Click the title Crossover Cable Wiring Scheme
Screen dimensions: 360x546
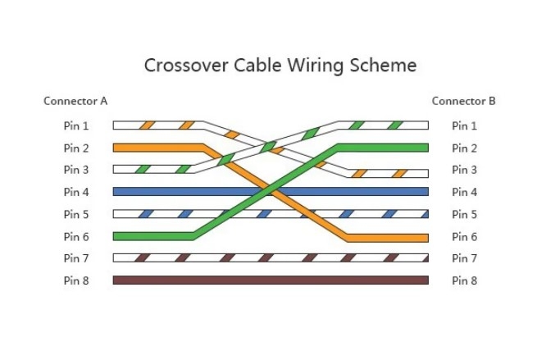point(280,65)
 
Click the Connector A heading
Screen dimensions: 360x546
point(75,102)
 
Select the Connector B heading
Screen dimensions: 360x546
point(463,102)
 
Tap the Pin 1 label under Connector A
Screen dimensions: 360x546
point(76,125)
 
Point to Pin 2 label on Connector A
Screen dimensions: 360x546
point(76,148)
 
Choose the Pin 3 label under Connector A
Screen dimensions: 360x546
point(76,170)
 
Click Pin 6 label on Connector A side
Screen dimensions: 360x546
point(76,237)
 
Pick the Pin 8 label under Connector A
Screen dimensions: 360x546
point(76,280)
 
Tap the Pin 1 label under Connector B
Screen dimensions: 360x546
point(464,125)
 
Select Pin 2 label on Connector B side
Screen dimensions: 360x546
point(464,148)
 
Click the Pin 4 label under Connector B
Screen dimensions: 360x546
point(464,192)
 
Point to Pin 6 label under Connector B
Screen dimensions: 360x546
point(464,237)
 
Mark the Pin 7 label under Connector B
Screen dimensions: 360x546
point(464,258)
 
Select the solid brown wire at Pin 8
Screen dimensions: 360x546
point(271,280)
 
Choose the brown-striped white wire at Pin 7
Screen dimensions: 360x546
point(271,257)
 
